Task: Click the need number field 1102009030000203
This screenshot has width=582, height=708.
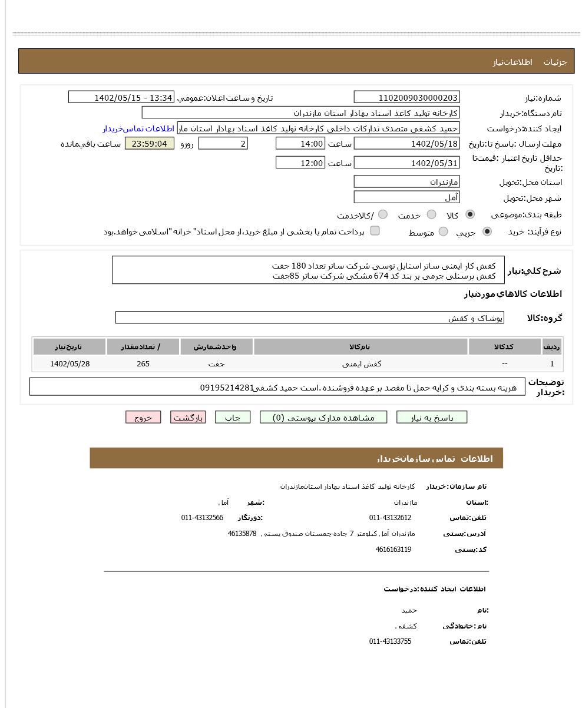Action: click(406, 98)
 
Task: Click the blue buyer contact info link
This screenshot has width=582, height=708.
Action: click(138, 128)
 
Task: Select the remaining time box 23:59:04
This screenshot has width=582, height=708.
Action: click(150, 144)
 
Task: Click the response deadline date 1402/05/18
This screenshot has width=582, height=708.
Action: click(406, 144)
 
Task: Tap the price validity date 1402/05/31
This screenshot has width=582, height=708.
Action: click(406, 163)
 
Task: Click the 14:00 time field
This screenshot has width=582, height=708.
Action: click(300, 144)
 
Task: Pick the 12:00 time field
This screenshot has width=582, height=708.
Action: click(300, 163)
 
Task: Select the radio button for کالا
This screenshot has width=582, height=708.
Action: click(470, 215)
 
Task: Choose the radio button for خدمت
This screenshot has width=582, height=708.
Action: click(432, 215)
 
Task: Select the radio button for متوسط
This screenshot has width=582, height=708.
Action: click(444, 232)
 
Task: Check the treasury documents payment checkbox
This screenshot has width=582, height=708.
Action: click(375, 231)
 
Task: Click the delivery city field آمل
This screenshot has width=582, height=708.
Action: click(406, 198)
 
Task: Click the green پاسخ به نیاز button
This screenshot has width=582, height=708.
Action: click(432, 418)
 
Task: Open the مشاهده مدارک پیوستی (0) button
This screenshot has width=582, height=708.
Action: click(323, 418)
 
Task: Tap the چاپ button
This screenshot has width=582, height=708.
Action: click(233, 418)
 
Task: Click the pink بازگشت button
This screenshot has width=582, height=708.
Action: click(188, 418)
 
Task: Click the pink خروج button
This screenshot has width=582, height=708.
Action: click(143, 418)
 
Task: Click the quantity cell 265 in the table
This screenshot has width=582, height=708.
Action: click(143, 364)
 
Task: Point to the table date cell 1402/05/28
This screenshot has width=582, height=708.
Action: click(70, 364)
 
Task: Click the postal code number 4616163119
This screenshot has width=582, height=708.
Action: click(393, 550)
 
